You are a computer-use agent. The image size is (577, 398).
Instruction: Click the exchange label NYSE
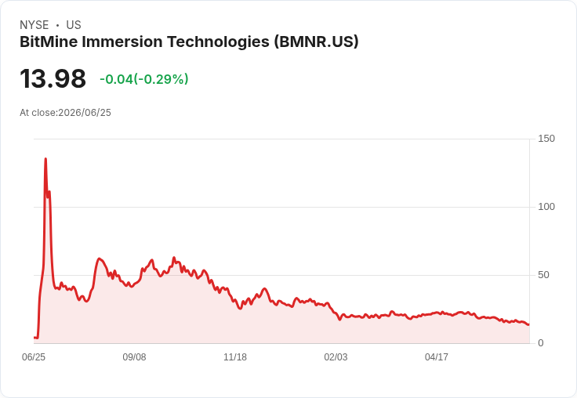click(x=34, y=25)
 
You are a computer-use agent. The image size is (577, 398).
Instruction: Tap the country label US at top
click(x=74, y=25)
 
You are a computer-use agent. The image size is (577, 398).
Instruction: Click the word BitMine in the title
click(x=49, y=42)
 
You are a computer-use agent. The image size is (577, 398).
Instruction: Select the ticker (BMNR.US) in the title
click(x=316, y=42)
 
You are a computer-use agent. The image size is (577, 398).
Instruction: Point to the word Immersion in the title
click(x=122, y=42)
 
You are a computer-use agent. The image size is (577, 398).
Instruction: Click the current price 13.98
click(x=53, y=78)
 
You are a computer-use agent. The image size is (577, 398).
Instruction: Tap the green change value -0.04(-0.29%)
click(x=144, y=79)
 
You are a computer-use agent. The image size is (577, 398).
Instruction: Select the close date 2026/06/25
click(x=85, y=113)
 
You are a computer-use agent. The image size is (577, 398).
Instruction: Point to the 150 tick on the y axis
click(x=546, y=139)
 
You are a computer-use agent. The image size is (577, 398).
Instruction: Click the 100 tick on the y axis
click(x=546, y=207)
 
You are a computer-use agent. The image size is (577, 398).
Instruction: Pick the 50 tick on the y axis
click(x=543, y=275)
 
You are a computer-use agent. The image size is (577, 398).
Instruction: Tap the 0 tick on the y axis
click(x=541, y=343)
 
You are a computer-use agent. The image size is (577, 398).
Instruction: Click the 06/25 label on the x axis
click(x=34, y=357)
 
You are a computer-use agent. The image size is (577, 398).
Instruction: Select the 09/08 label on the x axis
click(x=134, y=357)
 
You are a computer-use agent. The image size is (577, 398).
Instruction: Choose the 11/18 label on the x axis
click(x=235, y=357)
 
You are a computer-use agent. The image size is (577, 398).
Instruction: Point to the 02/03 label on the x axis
click(x=336, y=357)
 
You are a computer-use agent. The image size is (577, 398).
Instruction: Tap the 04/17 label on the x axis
click(x=437, y=357)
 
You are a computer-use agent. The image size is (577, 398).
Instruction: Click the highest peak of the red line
click(x=45, y=159)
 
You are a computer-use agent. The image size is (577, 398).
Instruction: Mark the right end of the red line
click(x=529, y=324)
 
